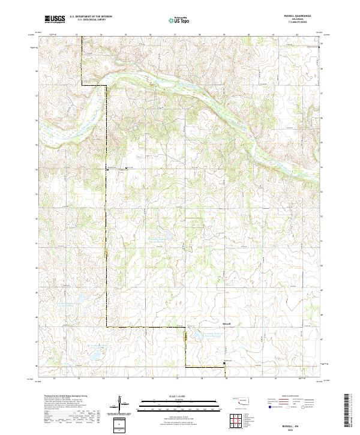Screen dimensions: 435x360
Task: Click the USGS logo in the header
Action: pos(55,20)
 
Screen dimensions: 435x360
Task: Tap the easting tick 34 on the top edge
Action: pos(101,35)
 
